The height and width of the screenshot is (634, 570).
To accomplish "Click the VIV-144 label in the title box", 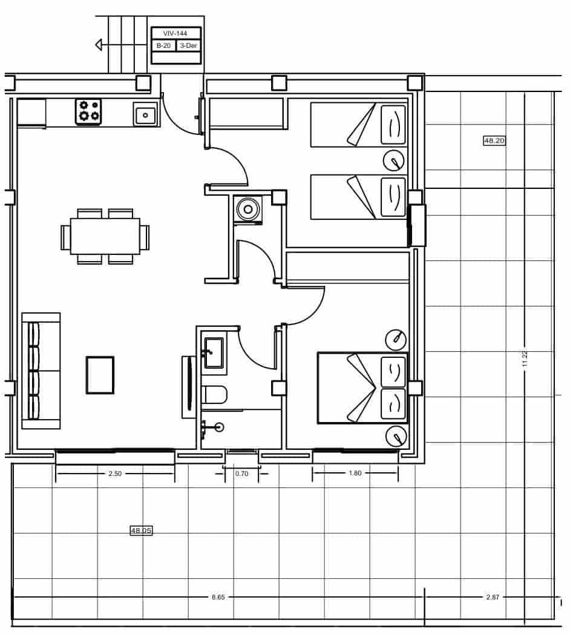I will coord(175,33).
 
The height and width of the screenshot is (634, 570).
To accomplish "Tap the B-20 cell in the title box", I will coord(163,45).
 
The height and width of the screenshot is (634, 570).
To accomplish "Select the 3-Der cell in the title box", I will coord(188,45).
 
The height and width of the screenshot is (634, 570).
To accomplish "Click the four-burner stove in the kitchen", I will coord(88,112).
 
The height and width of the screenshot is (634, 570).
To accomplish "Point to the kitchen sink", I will coord(145,114).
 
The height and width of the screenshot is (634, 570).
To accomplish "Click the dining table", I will coord(105,236).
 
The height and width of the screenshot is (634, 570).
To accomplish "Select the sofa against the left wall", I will coord(41,371).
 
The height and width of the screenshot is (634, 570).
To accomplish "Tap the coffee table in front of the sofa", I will coord(100,375).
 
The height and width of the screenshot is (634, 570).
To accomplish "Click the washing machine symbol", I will coord(247,210).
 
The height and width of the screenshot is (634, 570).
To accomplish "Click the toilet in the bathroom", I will coord(214,395).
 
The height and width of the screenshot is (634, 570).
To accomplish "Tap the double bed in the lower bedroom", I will coord(362,388).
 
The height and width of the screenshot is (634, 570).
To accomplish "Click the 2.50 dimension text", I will coord(115,474).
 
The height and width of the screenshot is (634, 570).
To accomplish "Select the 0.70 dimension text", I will coord(241,474).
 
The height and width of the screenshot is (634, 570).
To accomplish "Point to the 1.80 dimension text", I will coord(355,473).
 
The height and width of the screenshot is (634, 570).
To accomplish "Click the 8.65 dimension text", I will coord(218,597).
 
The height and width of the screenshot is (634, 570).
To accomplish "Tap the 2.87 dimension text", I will coord(493,597).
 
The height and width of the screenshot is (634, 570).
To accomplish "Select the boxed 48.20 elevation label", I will coord(494,140).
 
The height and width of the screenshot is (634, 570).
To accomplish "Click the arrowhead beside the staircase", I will coord(99,44).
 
